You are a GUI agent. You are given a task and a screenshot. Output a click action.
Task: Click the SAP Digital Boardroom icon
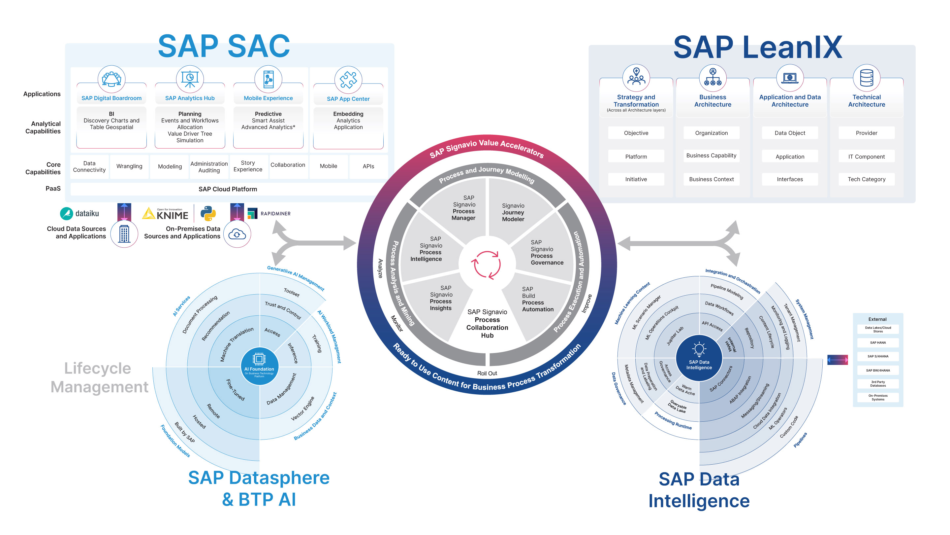[x=111, y=79]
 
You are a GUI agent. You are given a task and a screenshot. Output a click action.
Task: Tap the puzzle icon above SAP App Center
[x=348, y=80]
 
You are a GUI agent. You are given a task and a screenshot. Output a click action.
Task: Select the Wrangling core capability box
[x=129, y=166]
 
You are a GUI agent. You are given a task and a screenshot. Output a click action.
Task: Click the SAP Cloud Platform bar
[x=228, y=189]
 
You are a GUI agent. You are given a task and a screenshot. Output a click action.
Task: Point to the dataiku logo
[x=79, y=213]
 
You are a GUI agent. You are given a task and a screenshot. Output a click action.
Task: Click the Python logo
[x=208, y=213]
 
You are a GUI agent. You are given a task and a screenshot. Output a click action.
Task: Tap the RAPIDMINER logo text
[x=275, y=214]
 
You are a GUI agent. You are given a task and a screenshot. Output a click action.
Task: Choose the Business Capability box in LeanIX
[x=712, y=156]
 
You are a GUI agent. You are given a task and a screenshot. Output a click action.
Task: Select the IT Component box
[x=866, y=157]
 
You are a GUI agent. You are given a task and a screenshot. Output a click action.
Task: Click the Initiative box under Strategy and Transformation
[x=636, y=179]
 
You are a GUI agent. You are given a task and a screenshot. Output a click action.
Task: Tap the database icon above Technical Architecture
[x=866, y=78]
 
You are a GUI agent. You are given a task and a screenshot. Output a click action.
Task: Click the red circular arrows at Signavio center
[x=487, y=264]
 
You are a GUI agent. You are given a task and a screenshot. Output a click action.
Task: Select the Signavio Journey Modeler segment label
[x=513, y=212]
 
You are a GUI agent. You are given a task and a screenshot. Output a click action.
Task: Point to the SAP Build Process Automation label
[x=538, y=299]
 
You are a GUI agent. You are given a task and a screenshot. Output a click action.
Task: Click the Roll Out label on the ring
[x=487, y=373]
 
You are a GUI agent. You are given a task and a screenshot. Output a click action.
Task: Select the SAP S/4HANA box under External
[x=878, y=356]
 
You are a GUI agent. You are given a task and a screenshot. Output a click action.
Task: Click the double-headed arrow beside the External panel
[x=838, y=359]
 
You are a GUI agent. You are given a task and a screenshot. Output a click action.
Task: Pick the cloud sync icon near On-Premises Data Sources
[x=237, y=234]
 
